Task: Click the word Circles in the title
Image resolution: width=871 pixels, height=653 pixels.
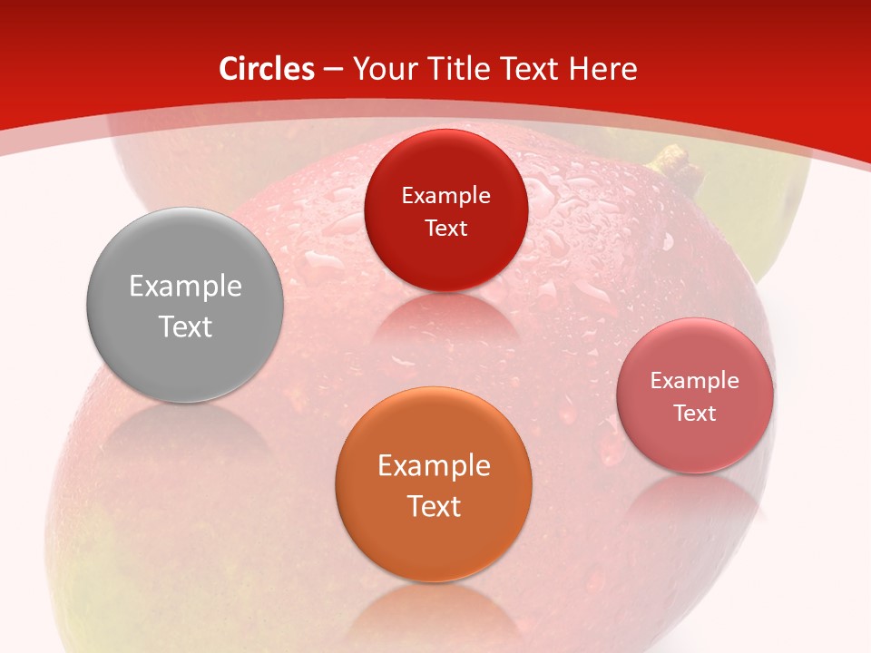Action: coord(267,69)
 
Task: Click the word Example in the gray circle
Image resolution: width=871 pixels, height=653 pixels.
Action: coord(185,287)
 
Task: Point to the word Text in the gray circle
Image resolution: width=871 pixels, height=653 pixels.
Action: coord(185,326)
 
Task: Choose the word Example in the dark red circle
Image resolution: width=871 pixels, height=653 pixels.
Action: coord(445,196)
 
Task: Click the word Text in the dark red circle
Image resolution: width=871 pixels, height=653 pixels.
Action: coord(445,228)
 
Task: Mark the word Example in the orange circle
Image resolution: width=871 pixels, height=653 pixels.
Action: coord(434,466)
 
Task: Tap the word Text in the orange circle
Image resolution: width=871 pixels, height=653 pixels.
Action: coord(434,506)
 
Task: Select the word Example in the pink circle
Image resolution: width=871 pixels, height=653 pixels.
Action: coord(695,381)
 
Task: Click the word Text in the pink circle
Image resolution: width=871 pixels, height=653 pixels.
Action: coord(695,414)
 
